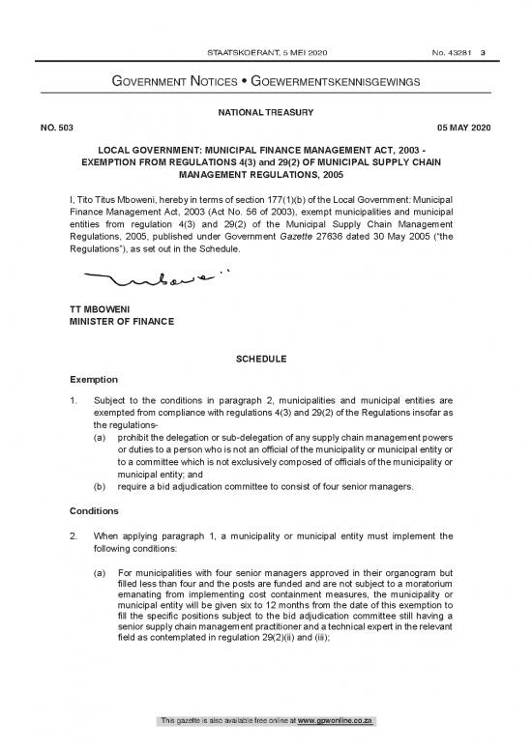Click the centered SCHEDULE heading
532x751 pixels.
click(265, 361)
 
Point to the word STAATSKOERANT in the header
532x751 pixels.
click(243, 51)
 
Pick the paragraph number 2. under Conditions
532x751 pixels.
click(73, 534)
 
